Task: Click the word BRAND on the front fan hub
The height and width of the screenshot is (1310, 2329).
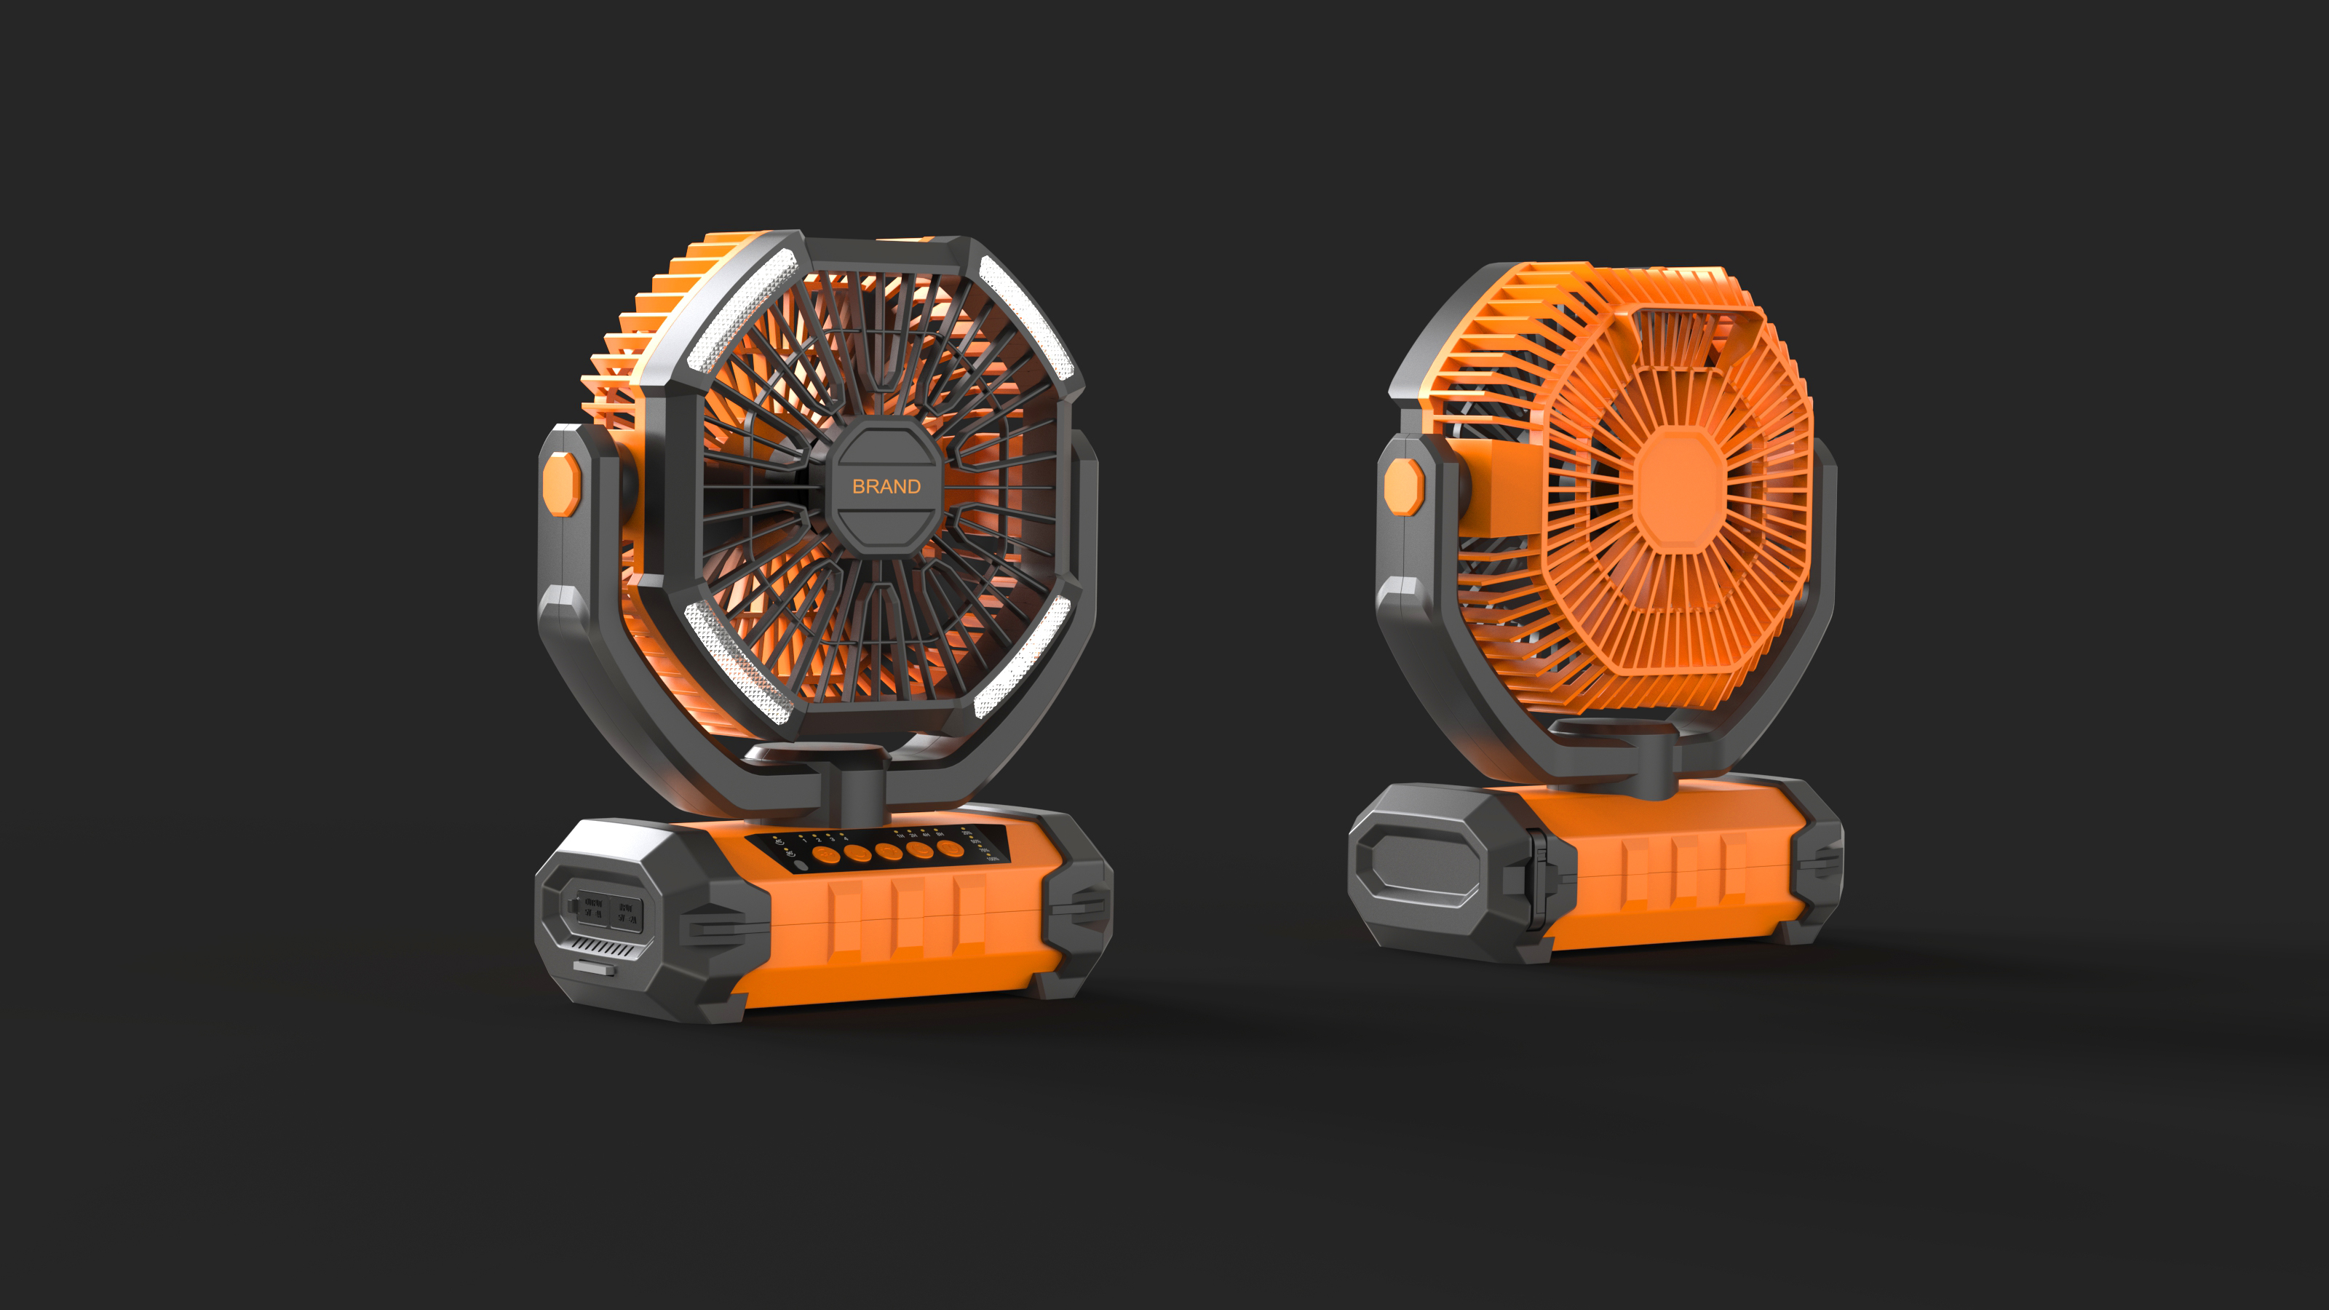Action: click(x=886, y=486)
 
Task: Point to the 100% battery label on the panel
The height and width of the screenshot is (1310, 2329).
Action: click(x=993, y=859)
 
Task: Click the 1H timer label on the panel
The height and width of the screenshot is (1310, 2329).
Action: click(x=900, y=836)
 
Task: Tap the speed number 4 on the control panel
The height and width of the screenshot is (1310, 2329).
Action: click(x=846, y=839)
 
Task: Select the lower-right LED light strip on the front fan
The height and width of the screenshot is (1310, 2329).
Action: click(x=1022, y=657)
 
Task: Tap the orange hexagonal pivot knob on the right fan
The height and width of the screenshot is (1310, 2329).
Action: click(x=1403, y=486)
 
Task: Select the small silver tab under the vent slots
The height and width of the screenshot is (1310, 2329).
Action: click(x=594, y=968)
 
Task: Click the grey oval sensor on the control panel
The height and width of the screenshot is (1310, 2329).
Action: click(x=801, y=865)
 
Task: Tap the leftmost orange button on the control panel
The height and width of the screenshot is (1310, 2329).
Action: click(x=826, y=855)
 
